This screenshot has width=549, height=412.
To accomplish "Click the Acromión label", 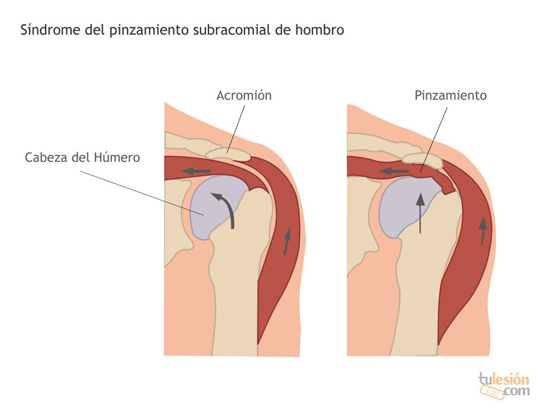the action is coord(244,95).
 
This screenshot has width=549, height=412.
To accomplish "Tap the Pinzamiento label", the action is coord(451,95).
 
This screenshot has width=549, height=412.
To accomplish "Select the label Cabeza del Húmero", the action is coord(82,157).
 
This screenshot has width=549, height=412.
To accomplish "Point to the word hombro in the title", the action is coord(319,30).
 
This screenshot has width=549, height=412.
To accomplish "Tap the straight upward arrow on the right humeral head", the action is coord(420,214).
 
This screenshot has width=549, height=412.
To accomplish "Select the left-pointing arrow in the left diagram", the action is coord(196,171).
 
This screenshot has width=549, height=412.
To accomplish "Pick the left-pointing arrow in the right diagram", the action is coord(394,171).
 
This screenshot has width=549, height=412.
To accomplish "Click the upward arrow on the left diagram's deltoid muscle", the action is coord(287,241).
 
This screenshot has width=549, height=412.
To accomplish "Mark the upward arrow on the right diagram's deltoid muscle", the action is coord(483,231).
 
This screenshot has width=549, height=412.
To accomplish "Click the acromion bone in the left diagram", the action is coord(228,154).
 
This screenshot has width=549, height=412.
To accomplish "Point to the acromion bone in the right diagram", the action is coord(422,160).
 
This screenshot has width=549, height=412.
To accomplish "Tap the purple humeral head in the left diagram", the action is coord(214,207).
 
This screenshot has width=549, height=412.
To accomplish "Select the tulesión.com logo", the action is coord(504,385).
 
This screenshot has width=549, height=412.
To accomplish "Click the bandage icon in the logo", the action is coord(493,392).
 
